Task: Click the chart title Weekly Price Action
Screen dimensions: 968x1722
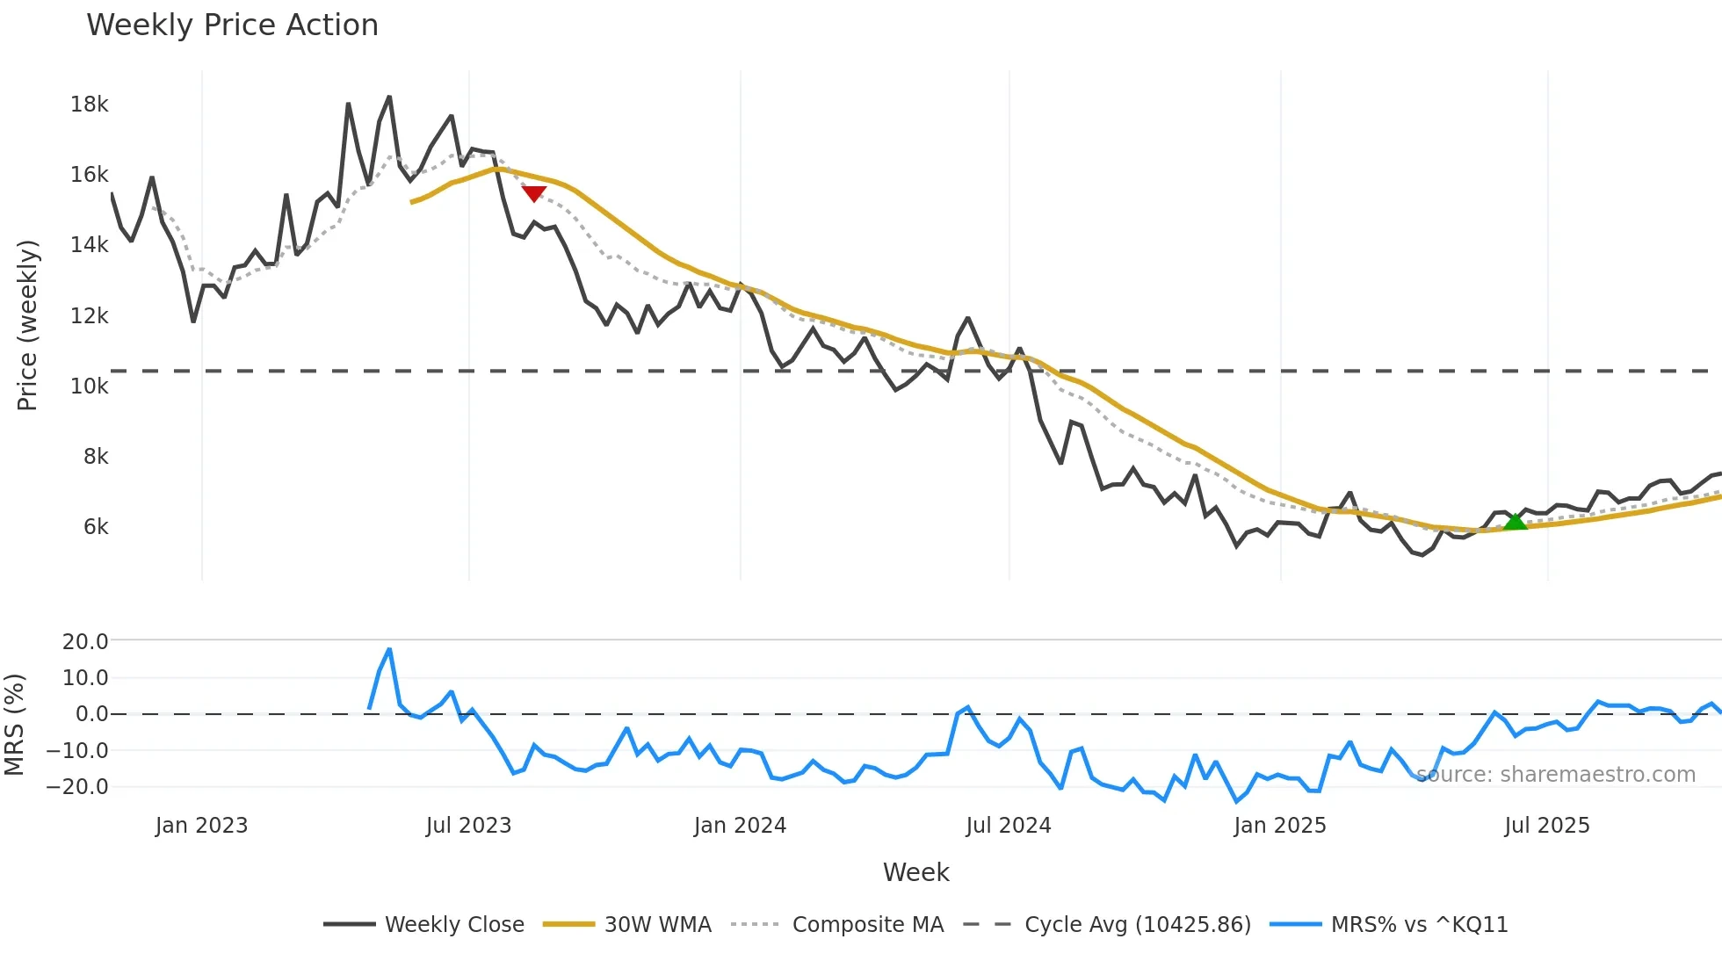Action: (232, 25)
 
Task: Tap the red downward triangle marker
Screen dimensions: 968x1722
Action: (534, 192)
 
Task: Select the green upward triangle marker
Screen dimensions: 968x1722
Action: (1516, 522)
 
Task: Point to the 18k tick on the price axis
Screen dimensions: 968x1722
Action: (90, 105)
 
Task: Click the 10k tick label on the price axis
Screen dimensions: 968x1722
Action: (90, 386)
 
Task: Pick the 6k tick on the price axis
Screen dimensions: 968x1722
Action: (96, 527)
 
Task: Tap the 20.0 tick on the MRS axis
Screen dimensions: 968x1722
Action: (85, 642)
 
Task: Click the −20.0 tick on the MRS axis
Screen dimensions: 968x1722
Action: (78, 787)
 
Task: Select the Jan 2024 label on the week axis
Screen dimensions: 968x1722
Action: (740, 826)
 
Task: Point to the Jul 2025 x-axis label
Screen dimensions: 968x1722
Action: (1547, 826)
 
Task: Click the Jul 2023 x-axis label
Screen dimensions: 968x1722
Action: (468, 826)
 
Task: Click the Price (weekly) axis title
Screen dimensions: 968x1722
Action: (27, 325)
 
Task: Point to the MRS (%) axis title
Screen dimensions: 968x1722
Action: (14, 725)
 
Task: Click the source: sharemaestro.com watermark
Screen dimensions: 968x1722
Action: (1556, 775)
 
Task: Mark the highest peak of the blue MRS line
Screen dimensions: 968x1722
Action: (389, 649)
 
